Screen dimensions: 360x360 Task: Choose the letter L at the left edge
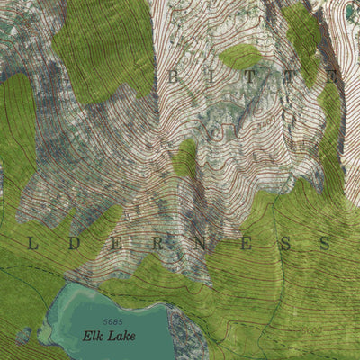33,243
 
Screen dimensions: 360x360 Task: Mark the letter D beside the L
73,243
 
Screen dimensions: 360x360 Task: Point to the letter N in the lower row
200,243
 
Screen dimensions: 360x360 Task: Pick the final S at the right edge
325,243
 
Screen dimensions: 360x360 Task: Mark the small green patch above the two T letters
240,57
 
